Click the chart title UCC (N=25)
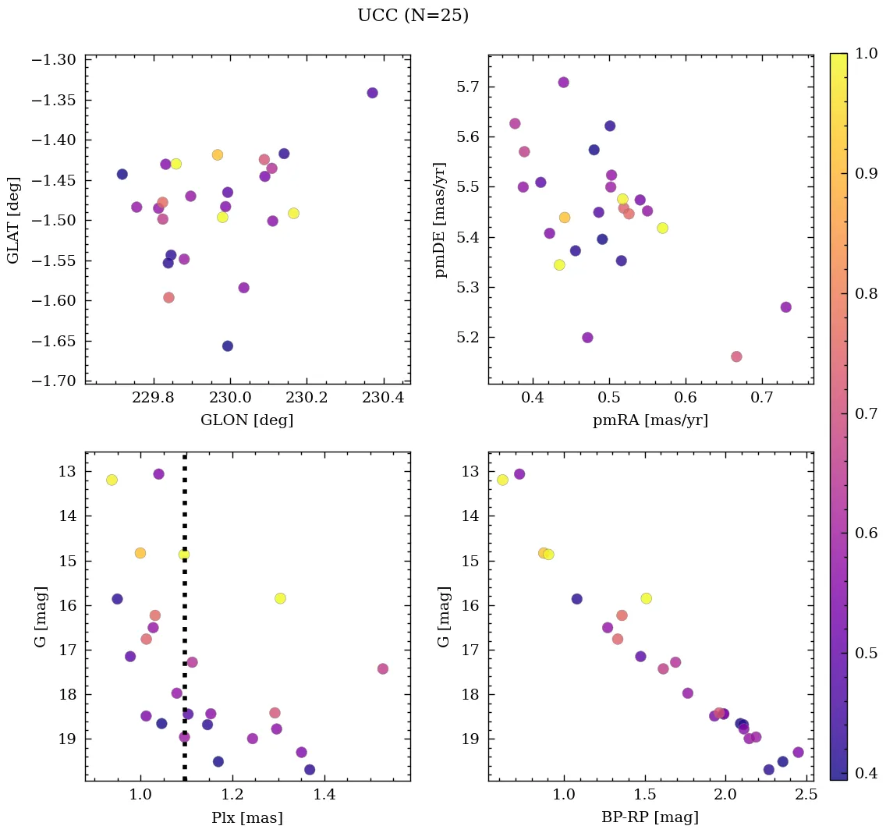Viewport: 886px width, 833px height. pos(413,16)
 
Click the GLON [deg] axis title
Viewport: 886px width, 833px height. pos(247,420)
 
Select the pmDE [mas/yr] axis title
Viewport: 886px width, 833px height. pos(442,219)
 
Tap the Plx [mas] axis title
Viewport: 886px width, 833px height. pos(247,817)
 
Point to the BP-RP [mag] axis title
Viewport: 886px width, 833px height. pos(650,817)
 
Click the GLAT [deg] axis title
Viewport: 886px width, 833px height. pos(13,219)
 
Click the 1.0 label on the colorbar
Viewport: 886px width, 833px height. pos(867,53)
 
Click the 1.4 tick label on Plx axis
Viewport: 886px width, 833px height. pos(324,796)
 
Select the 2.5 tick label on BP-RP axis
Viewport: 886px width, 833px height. pos(808,796)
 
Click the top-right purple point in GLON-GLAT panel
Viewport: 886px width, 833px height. pos(372,93)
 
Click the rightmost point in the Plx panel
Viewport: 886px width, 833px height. pos(382,668)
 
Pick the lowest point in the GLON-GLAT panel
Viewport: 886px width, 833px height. pos(228,346)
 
